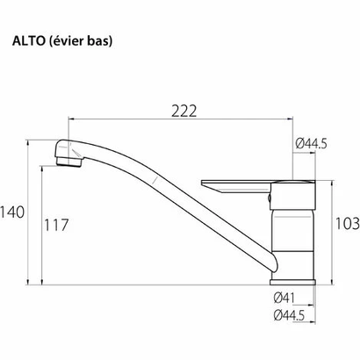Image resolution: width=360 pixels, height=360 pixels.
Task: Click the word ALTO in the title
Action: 29,40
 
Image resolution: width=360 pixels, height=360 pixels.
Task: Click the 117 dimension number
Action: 56,226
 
